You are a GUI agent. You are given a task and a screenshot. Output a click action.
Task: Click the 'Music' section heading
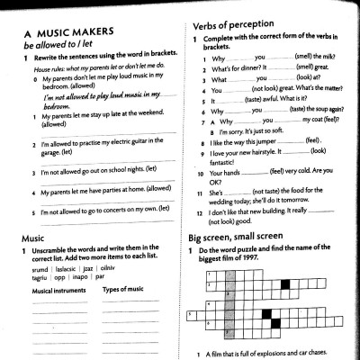32,238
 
